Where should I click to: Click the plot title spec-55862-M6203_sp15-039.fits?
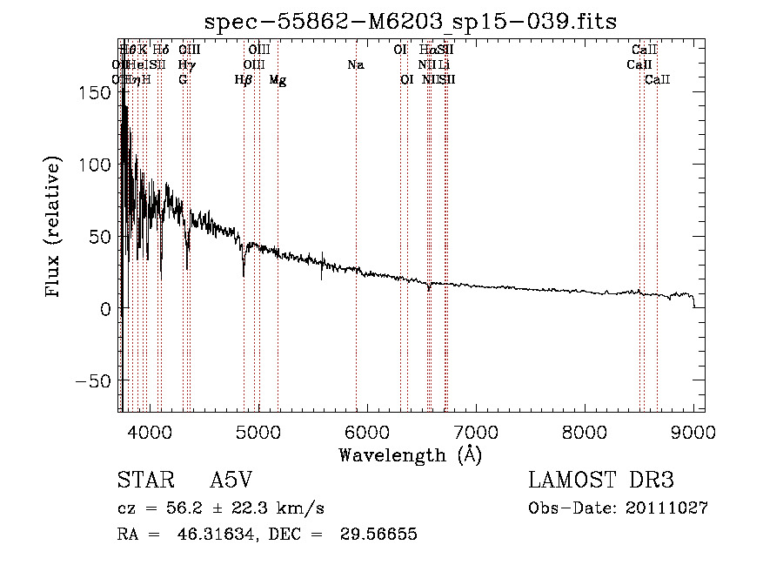(410, 22)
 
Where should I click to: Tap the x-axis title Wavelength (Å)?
(410, 454)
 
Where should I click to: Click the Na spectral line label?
(355, 64)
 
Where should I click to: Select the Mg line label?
(278, 80)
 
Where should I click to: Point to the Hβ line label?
(244, 80)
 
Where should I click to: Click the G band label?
(183, 80)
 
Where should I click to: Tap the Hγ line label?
(185, 64)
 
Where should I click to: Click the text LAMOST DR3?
(600, 481)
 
